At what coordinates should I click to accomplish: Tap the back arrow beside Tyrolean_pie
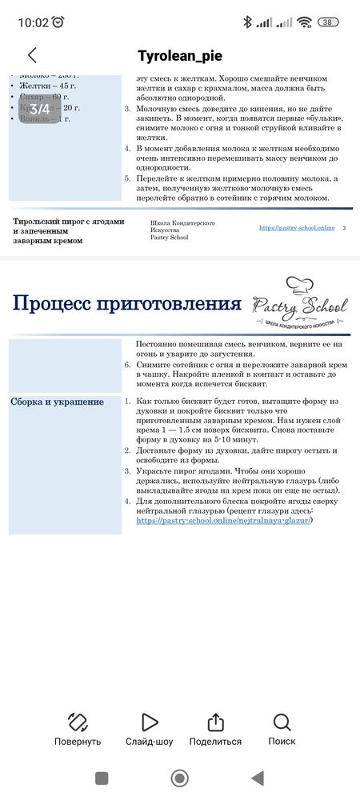pos(32,55)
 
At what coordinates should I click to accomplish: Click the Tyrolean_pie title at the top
pos(179,55)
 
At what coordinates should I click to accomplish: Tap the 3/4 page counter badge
pos(40,108)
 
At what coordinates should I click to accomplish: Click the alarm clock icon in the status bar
pos(58,22)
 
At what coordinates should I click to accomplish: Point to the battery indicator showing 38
pos(327,22)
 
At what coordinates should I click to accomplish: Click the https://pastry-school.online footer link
pos(297,228)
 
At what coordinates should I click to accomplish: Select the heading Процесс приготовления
pos(127,304)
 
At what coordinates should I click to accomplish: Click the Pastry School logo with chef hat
pos(299,305)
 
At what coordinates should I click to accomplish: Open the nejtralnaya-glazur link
pos(224,520)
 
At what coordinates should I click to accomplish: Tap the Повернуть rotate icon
pos(78,722)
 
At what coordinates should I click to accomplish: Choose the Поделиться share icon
pos(215,722)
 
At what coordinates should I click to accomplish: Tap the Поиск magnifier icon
pos(282,722)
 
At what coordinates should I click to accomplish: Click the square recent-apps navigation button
pos(102,778)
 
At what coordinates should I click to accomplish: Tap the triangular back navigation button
pos(257,778)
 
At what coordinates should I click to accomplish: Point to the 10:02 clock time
pos(33,22)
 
